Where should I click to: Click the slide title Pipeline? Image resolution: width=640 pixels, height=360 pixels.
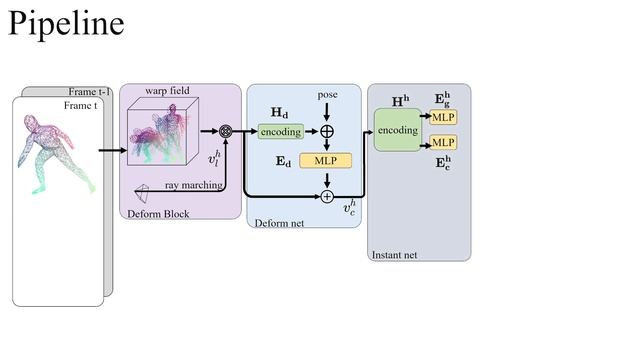[x=66, y=23]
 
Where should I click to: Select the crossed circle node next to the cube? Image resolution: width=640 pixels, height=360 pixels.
[x=225, y=132]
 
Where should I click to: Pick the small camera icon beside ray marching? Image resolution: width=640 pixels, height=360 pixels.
[x=145, y=190]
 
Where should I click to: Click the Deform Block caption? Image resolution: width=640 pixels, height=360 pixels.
[x=157, y=214]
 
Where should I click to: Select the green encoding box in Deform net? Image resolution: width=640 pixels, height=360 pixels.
[x=280, y=132]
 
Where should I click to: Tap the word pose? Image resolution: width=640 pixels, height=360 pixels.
[x=327, y=94]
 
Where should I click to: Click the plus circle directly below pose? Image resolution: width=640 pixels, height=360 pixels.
[x=327, y=132]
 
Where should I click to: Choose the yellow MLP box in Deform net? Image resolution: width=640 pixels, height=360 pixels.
[x=326, y=161]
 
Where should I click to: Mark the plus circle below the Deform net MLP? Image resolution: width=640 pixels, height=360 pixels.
[x=327, y=196]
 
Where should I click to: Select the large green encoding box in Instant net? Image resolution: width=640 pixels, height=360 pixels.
[x=397, y=131]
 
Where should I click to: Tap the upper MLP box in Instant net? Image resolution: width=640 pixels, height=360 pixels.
[x=442, y=117]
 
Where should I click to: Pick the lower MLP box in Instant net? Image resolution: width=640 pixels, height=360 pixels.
[x=442, y=143]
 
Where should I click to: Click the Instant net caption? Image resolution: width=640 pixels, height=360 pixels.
[x=394, y=255]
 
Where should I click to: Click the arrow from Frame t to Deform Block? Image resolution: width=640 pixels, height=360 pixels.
[x=112, y=150]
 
